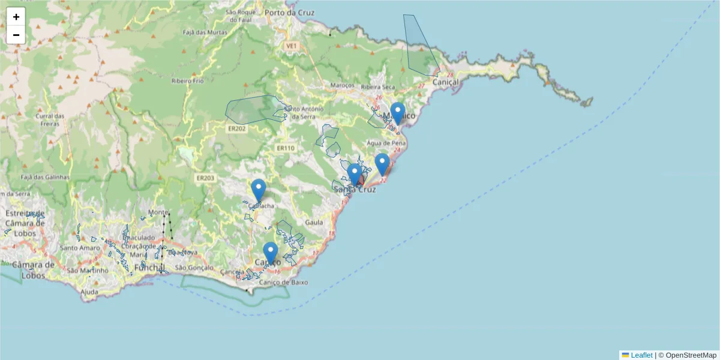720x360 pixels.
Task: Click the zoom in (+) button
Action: [16, 17]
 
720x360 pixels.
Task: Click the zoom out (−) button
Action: [16, 35]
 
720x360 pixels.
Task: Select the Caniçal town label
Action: [445, 82]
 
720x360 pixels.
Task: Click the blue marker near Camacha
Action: [259, 190]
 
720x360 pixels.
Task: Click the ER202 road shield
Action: [237, 128]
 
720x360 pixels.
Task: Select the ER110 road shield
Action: [286, 148]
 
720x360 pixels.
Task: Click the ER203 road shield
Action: [205, 178]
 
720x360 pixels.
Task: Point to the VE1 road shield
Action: [292, 46]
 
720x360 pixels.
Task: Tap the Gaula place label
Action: [314, 222]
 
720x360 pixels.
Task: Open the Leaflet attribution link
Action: [641, 355]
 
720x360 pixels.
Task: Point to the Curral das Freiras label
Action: [50, 119]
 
